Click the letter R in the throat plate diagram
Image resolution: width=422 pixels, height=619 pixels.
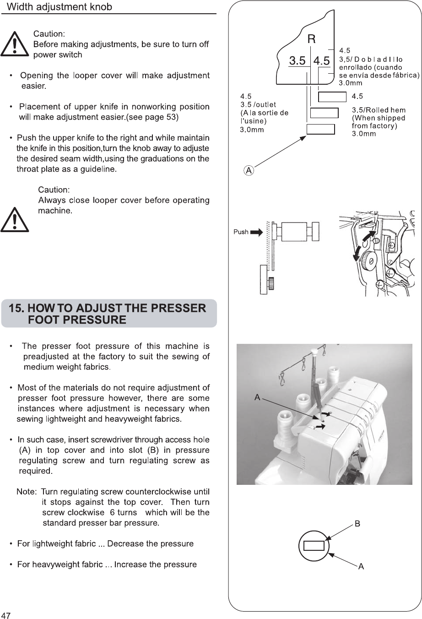[x=311, y=39]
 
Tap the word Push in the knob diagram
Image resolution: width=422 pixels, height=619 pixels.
[x=241, y=232]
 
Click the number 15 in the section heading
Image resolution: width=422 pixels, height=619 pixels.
[x=17, y=308]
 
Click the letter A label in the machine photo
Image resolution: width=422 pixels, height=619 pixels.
[x=257, y=398]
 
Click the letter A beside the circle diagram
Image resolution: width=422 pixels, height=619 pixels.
[x=361, y=567]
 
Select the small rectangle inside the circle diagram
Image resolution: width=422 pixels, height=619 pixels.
[x=314, y=545]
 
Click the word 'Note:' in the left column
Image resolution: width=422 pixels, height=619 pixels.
[x=26, y=492]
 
